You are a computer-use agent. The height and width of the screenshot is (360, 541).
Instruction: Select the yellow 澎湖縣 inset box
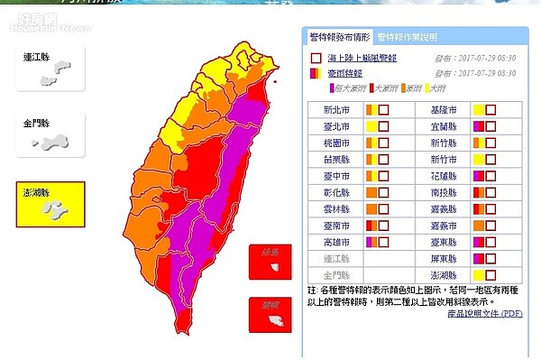(x=50, y=205)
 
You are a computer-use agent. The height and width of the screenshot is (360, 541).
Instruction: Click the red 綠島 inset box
(x=270, y=262)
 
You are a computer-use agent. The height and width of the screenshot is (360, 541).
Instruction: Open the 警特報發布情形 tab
(x=338, y=37)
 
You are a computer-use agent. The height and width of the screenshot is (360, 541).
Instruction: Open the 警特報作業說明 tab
(x=407, y=37)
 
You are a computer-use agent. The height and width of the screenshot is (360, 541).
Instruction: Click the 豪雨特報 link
(x=344, y=72)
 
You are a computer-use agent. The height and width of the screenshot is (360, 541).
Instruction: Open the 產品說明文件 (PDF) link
(x=484, y=312)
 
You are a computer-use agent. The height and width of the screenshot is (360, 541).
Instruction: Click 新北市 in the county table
(x=339, y=110)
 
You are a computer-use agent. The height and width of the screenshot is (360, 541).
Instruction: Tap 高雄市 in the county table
(x=339, y=242)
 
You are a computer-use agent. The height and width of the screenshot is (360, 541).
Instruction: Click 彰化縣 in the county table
(x=339, y=192)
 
